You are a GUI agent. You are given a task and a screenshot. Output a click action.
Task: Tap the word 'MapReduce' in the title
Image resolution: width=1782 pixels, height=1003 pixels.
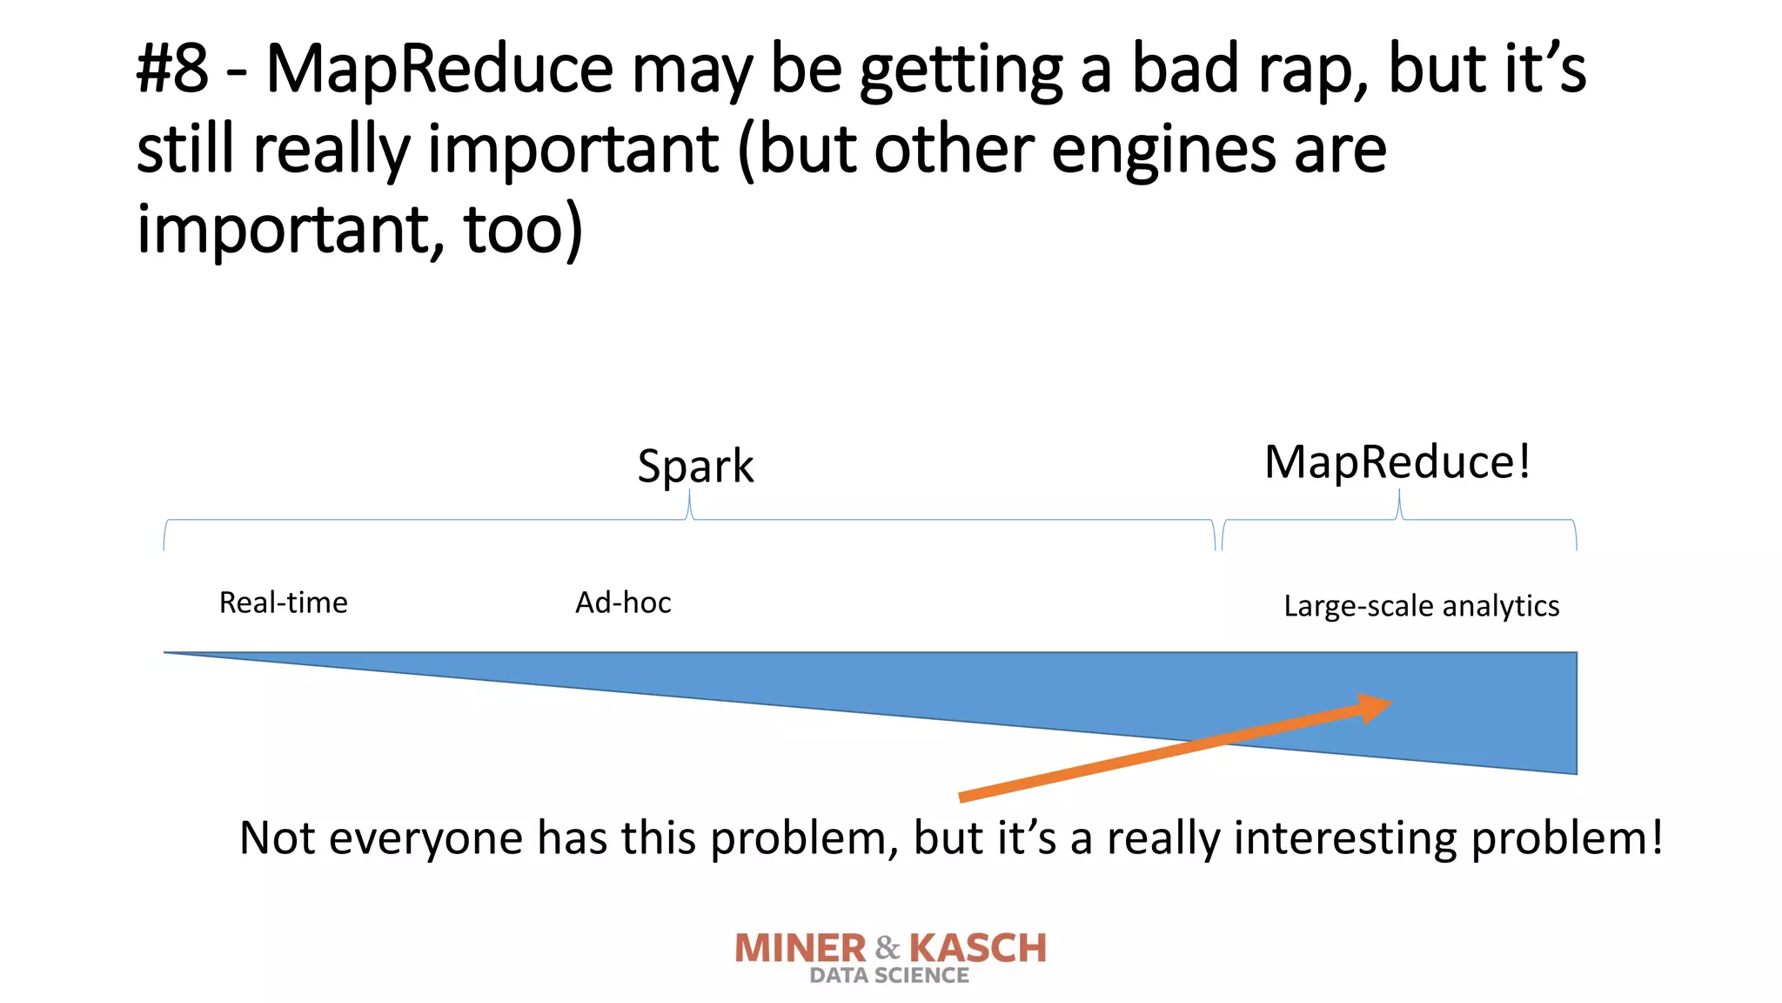click(x=439, y=70)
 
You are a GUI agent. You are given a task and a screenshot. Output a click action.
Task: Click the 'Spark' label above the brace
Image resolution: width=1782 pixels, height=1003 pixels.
click(x=695, y=466)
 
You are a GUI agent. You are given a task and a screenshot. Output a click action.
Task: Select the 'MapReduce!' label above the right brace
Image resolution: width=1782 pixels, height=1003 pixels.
click(x=1397, y=461)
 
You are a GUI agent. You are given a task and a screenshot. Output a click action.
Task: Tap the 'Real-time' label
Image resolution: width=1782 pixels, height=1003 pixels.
click(x=283, y=602)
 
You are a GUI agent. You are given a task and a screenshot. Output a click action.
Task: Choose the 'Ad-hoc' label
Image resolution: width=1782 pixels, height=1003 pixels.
click(x=623, y=602)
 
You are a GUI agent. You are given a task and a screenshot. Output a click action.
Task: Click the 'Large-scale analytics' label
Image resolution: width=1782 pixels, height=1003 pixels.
click(x=1421, y=606)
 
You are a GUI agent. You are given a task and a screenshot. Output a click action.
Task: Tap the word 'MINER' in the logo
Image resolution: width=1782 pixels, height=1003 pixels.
click(x=801, y=948)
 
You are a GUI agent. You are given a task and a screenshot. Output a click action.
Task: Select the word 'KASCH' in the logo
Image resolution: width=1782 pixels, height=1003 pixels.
click(x=978, y=948)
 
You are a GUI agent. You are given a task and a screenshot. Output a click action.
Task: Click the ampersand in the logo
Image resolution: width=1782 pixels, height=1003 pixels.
click(x=888, y=946)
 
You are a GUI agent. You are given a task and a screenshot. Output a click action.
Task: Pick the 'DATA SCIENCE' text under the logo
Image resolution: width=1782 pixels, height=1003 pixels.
click(x=889, y=976)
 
